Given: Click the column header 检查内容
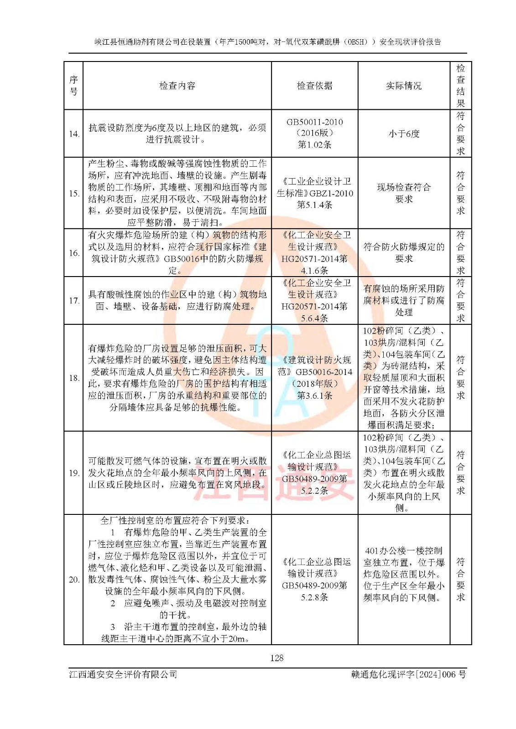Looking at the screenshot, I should (177, 86).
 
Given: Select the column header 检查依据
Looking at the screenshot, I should (314, 86).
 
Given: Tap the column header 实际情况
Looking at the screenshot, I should (404, 86).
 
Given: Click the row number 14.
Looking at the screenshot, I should (74, 134).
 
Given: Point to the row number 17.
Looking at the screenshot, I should (74, 301).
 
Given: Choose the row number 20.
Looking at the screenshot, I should (74, 580).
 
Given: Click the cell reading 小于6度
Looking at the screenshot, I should (404, 134).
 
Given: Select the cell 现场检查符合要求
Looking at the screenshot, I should (404, 193).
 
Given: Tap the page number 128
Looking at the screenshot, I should (276, 658).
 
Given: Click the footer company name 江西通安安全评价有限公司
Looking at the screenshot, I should (123, 674).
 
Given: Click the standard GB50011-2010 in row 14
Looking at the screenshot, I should (314, 122).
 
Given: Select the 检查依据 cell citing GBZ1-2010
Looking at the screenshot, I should (314, 193).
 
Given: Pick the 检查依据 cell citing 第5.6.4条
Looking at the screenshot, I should (314, 301).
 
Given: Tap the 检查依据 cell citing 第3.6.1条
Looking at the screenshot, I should (314, 378).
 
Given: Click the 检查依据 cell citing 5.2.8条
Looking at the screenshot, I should (314, 580).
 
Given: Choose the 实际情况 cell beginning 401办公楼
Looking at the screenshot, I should (404, 574).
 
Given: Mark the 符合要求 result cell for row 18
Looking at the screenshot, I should (460, 378).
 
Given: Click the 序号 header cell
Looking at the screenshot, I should (73, 86).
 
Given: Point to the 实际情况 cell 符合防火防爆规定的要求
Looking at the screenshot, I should (404, 253).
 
